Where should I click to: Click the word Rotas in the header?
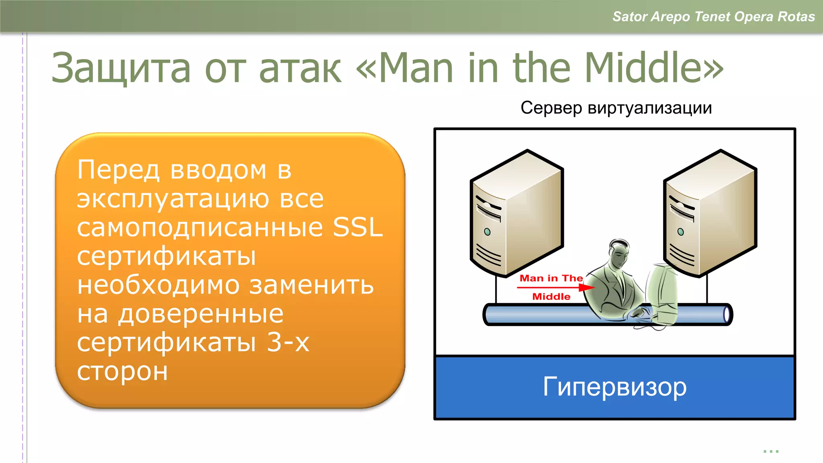796,16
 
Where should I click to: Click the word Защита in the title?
121,68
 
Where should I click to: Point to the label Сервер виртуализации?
616,108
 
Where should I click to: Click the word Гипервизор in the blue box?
615,387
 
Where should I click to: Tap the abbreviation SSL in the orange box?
358,227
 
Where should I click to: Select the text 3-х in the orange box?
288,342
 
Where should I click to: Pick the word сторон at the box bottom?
122,371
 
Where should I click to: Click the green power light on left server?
487,232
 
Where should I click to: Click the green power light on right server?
680,232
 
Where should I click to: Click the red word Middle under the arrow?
551,297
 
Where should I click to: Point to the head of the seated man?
619,251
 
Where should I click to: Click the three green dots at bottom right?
771,451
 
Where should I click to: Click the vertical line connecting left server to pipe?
496,289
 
